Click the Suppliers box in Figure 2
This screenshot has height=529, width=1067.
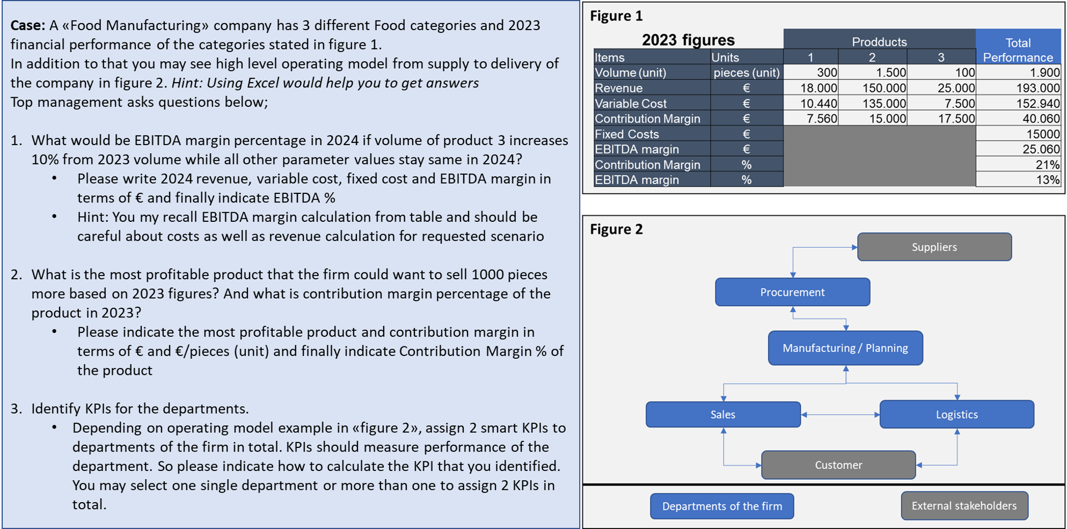click(x=934, y=247)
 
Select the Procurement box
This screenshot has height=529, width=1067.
click(x=792, y=292)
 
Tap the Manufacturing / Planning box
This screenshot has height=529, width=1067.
click(x=845, y=348)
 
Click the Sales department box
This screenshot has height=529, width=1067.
click(x=723, y=415)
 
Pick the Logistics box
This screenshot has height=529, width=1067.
click(x=956, y=415)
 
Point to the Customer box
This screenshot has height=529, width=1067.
click(x=838, y=465)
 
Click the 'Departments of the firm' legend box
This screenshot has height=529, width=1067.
click(x=722, y=506)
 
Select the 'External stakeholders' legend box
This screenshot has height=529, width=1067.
click(x=964, y=506)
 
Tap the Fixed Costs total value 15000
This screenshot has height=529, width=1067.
click(x=1043, y=134)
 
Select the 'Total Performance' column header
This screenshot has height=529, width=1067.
click(x=1018, y=50)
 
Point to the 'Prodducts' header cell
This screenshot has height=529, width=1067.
click(x=879, y=42)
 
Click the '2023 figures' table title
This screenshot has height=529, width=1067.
click(x=688, y=40)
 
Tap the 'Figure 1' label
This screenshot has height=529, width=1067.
click(x=616, y=16)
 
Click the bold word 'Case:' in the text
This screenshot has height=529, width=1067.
click(x=28, y=25)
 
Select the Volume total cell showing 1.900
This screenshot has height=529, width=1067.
click(x=1045, y=73)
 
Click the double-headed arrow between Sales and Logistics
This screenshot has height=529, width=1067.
click(x=840, y=415)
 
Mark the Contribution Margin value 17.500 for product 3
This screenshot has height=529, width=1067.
click(x=956, y=119)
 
